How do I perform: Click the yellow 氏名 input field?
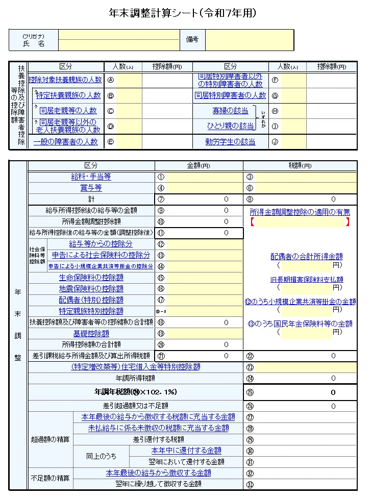(118, 40)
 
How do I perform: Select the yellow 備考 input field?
(249, 40)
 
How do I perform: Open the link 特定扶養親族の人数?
(68, 95)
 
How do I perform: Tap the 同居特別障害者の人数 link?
(230, 95)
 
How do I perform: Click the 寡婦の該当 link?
(230, 111)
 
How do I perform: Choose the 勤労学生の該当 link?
(230, 142)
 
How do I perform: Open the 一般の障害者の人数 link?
(65, 142)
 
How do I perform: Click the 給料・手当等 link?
(91, 177)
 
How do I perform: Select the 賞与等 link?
(91, 188)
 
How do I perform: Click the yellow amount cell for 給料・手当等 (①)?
(204, 177)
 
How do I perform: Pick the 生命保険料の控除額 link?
(91, 278)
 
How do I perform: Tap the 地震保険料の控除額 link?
(91, 289)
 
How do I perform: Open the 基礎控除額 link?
(91, 333)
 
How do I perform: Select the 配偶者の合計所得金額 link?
(306, 257)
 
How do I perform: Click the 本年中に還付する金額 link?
(186, 451)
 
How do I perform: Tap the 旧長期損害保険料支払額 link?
(306, 279)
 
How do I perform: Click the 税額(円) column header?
(300, 166)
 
